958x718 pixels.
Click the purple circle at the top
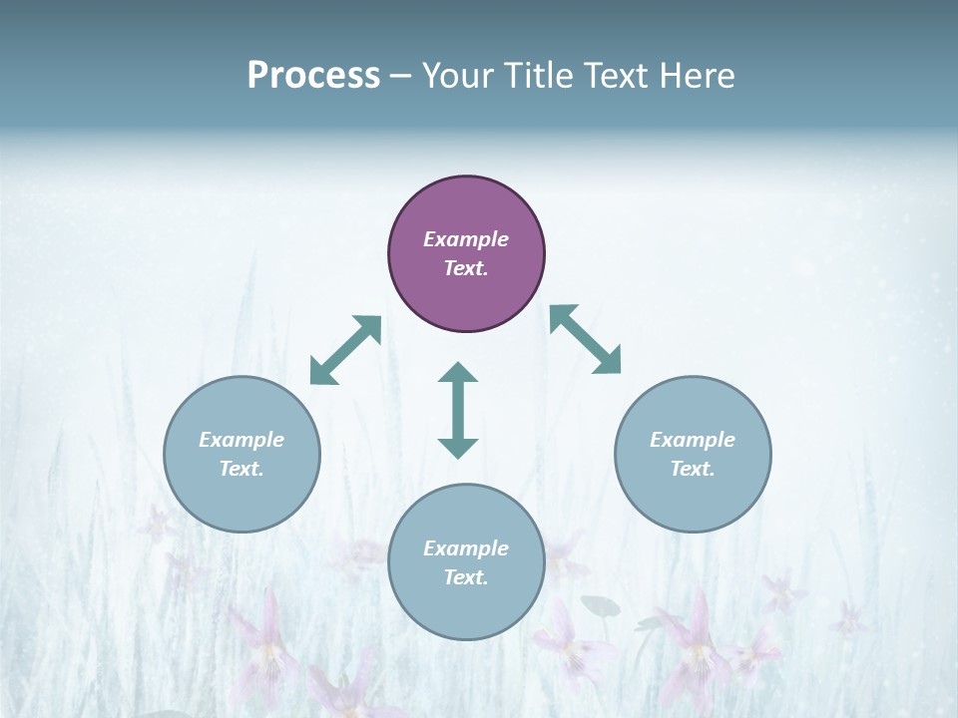[466, 254]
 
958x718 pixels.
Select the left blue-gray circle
[241, 454]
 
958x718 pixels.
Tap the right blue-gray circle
[693, 454]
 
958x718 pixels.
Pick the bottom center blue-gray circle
[466, 562]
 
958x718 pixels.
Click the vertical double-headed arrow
[458, 410]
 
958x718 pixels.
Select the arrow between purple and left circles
[346, 350]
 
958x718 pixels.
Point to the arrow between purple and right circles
[586, 339]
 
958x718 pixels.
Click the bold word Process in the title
[313, 76]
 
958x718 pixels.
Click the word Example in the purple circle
[466, 239]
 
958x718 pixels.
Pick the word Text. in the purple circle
[466, 268]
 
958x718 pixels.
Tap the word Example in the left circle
[241, 440]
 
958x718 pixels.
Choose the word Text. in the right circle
[693, 469]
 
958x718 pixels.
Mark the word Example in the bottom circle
[466, 548]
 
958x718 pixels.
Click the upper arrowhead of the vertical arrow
[458, 373]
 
